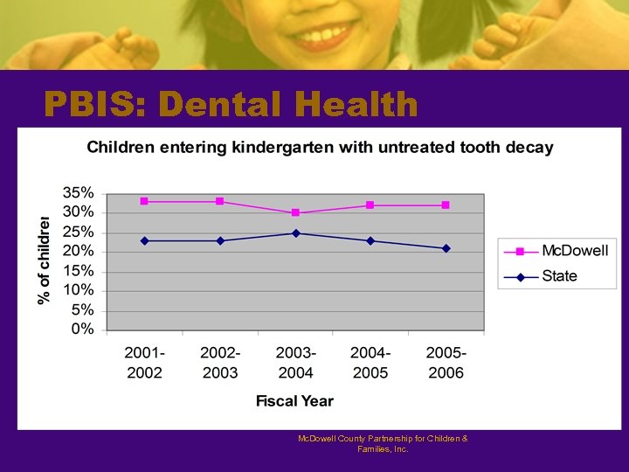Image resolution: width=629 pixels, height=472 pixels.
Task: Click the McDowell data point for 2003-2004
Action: (x=295, y=212)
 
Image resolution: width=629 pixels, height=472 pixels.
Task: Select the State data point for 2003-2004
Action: (x=295, y=233)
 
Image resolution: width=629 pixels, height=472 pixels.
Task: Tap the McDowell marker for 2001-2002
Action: (x=144, y=201)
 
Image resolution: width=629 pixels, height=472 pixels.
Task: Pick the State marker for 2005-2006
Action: (x=446, y=248)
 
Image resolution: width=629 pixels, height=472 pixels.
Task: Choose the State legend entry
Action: (x=559, y=276)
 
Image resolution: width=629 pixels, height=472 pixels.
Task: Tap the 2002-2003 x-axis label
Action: (x=220, y=362)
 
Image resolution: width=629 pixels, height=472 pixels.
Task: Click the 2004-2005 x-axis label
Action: (x=370, y=362)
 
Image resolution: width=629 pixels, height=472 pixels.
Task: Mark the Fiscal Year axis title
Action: (x=294, y=401)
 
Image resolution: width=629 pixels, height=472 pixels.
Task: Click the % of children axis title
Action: (x=43, y=260)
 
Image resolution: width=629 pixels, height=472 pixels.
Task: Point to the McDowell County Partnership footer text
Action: (x=383, y=443)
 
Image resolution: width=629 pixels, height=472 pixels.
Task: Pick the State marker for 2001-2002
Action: (x=144, y=240)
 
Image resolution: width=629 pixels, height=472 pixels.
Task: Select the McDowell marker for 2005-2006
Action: (x=446, y=205)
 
